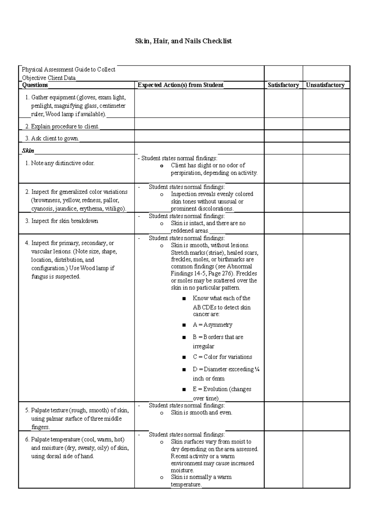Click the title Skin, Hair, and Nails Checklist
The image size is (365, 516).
(183, 41)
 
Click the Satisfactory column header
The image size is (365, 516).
(283, 85)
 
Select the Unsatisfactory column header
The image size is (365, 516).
(325, 85)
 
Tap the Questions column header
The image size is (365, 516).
(35, 85)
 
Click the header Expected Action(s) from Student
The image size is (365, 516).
(180, 85)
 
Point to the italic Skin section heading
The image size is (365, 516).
(28, 151)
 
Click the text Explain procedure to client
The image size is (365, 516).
(65, 126)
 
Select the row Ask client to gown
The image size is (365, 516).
(55, 139)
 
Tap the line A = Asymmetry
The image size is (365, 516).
(212, 325)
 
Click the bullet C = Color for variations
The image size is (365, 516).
(222, 357)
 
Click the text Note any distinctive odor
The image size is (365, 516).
(63, 163)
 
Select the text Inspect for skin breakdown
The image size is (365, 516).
(64, 221)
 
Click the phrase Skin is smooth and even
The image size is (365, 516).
(201, 413)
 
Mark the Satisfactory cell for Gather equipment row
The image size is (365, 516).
(283, 103)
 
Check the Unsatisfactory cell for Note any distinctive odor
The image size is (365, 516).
(326, 169)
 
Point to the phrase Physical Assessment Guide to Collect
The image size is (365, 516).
(68, 70)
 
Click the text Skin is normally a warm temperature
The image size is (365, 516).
(201, 481)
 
